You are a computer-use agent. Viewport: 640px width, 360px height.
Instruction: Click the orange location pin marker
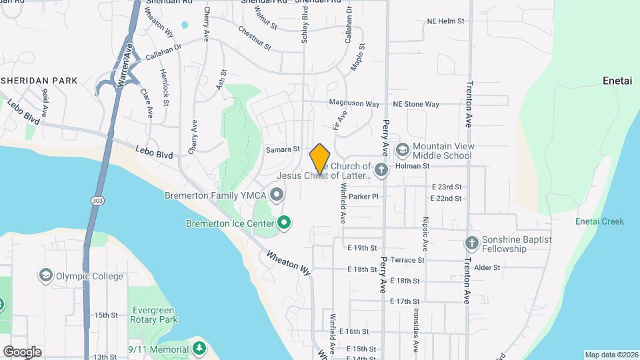point(320,159)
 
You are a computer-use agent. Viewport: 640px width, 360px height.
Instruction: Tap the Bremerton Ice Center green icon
point(285,223)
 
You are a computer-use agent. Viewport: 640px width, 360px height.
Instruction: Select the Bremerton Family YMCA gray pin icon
point(277,195)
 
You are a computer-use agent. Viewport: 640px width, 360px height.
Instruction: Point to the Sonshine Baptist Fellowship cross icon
point(472,243)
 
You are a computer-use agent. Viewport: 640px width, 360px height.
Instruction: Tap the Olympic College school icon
point(45,275)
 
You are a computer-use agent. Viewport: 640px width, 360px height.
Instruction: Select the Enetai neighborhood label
point(617,80)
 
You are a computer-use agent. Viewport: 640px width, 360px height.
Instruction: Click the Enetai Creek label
point(600,221)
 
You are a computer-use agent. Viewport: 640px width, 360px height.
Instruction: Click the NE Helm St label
point(445,21)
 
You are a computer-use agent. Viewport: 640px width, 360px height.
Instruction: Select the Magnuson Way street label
point(354,104)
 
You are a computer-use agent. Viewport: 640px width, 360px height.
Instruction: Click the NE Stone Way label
point(416,104)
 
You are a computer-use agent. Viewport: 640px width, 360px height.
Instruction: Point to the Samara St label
point(283,150)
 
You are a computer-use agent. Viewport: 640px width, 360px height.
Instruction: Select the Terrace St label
point(407,260)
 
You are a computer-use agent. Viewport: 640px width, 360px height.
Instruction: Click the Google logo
point(22,351)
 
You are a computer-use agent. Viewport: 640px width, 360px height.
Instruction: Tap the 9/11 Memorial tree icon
point(199,349)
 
